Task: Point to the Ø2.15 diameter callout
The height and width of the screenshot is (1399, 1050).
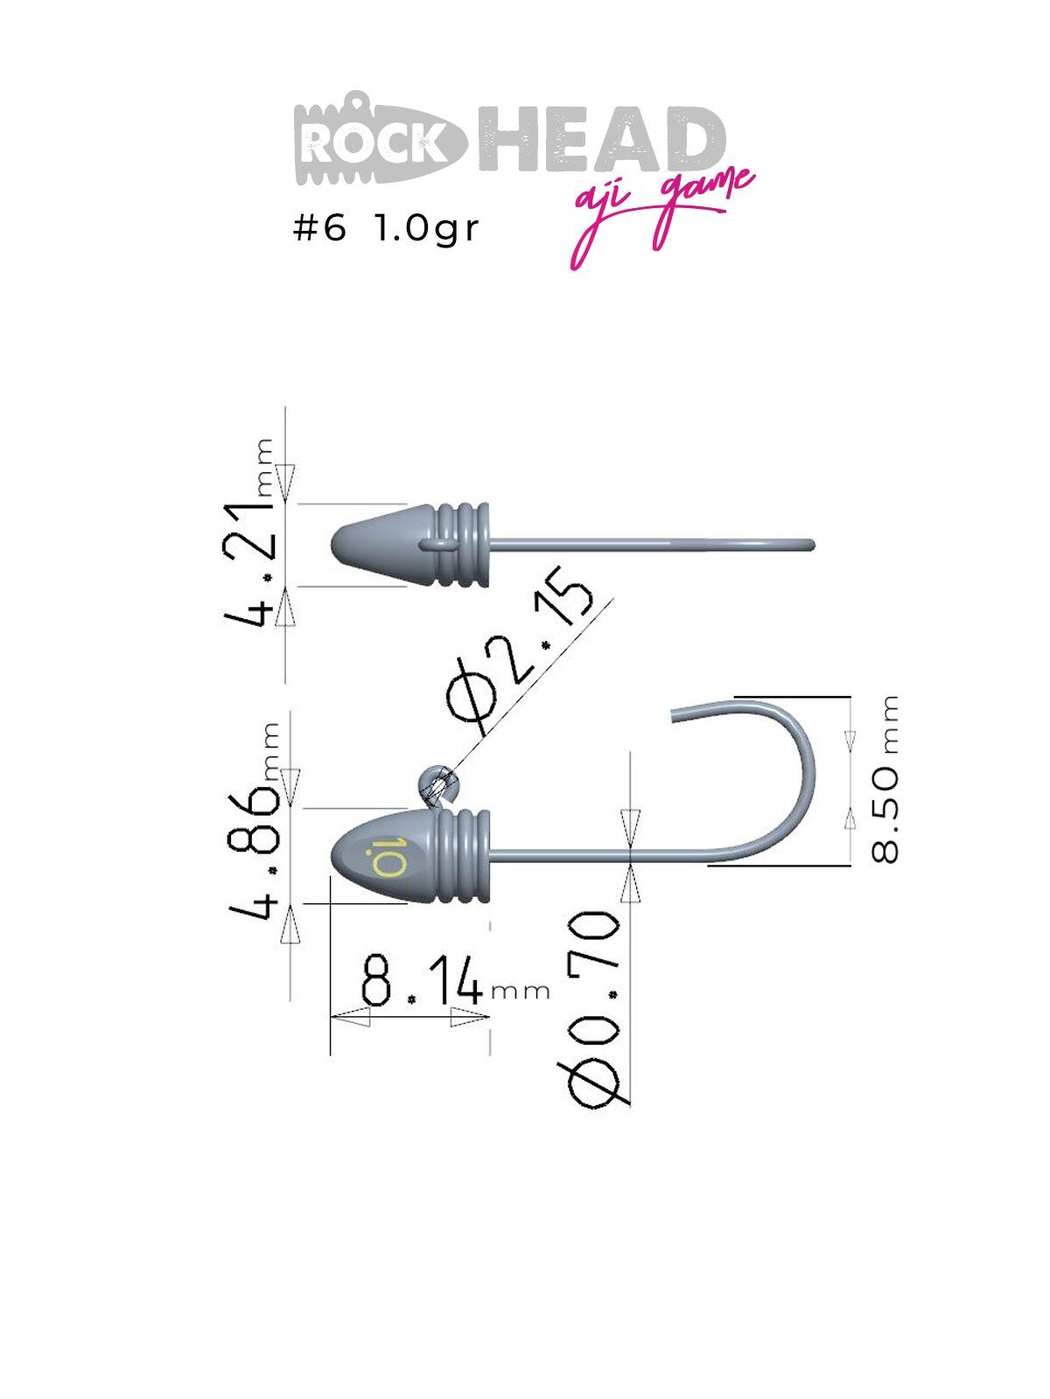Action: [519, 651]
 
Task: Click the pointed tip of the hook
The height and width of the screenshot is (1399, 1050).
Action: [674, 716]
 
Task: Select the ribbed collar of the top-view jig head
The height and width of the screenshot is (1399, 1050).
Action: [462, 545]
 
